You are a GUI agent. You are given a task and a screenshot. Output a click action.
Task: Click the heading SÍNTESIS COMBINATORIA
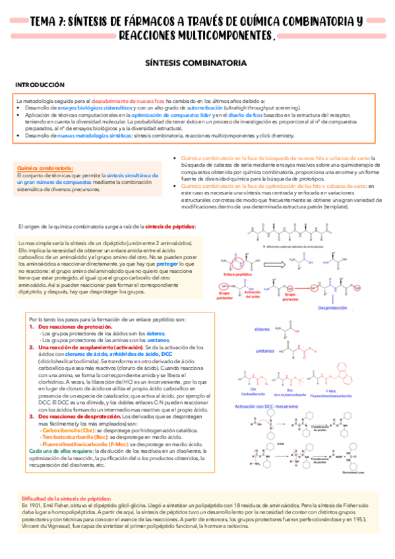[196, 63]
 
